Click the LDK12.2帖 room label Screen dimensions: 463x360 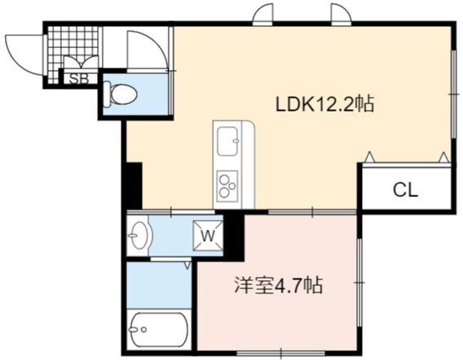click(x=324, y=104)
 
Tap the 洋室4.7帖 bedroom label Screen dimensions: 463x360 click(x=279, y=285)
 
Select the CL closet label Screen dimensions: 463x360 click(x=405, y=191)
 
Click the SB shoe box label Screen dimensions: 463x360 click(x=79, y=79)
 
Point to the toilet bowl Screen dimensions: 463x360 click(x=121, y=94)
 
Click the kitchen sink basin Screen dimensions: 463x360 click(x=227, y=141)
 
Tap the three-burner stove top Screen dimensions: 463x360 click(x=227, y=187)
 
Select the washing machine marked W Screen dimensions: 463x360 click(x=208, y=235)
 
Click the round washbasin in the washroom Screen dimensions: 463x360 click(x=138, y=235)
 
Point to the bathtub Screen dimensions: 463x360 click(x=159, y=330)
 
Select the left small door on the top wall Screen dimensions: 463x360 click(x=263, y=12)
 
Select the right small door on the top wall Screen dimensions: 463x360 click(x=342, y=12)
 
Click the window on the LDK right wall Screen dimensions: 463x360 click(x=454, y=94)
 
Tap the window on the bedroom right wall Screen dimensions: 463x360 click(x=359, y=283)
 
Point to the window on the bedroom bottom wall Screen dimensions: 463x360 click(x=280, y=353)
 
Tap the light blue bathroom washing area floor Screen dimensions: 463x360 click(x=159, y=285)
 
